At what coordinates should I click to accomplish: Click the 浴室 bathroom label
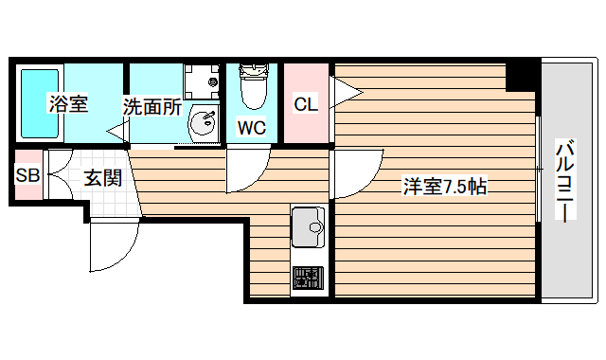coord(68,104)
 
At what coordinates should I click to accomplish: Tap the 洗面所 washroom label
coord(151,106)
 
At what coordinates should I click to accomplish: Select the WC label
coord(251,127)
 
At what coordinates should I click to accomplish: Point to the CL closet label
coord(305,104)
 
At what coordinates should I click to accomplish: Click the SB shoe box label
coord(27,175)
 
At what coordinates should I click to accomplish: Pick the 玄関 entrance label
coord(101,176)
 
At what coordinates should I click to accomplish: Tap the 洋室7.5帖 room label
coord(445,187)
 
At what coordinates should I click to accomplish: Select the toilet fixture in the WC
coord(253,87)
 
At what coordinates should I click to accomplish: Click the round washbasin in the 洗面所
coord(203,122)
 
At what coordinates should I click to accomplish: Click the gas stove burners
coord(308,278)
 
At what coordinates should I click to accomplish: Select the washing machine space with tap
coord(201,80)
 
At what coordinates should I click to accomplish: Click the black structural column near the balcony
coord(522,75)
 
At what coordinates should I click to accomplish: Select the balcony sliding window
coord(538,171)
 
